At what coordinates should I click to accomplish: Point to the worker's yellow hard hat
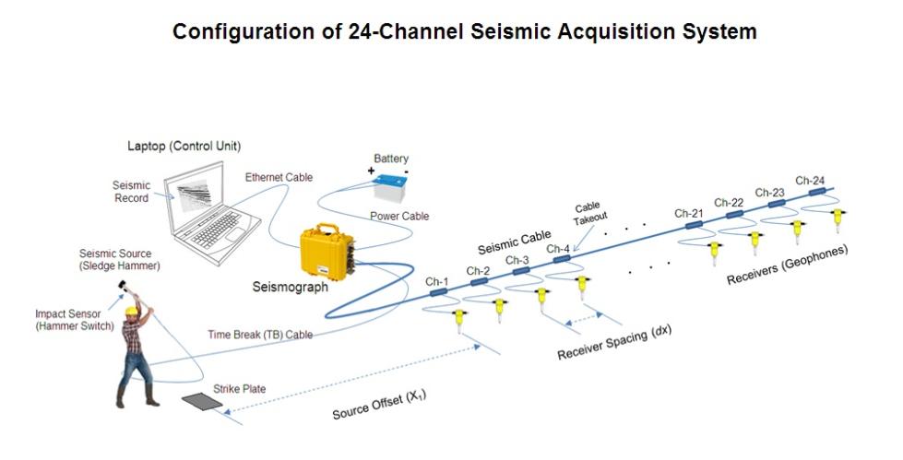[x=132, y=312]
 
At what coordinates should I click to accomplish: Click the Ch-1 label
[x=436, y=280]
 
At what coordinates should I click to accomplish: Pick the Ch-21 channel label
[x=688, y=213]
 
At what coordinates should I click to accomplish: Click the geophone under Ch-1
[x=458, y=319]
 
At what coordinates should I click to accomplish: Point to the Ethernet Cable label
[x=279, y=177]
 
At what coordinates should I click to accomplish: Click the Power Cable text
[x=399, y=217]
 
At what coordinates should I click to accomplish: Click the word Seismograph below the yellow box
[x=290, y=287]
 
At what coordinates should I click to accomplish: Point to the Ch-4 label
[x=558, y=248]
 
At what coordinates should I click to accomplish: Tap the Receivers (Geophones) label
[x=787, y=265]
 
